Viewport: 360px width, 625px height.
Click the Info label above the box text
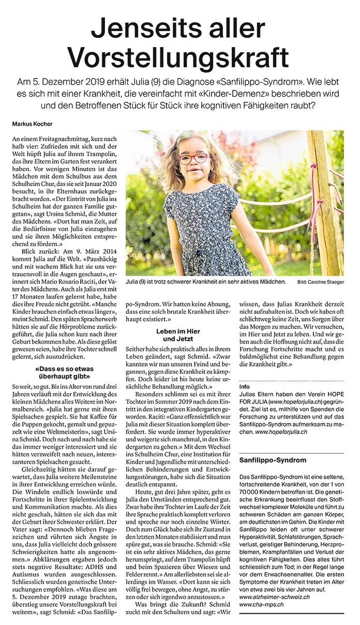point(245,386)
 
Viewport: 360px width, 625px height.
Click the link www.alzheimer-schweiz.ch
point(275,597)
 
